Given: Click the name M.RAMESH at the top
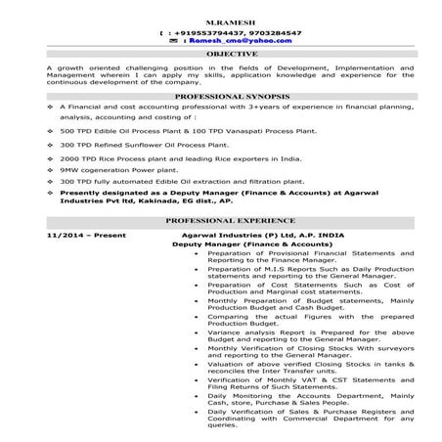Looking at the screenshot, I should [x=221, y=22].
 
